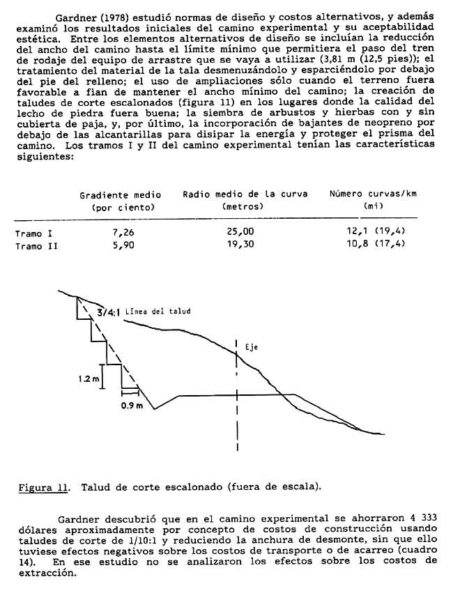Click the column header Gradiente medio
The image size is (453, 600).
[120, 195]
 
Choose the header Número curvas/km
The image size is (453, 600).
[373, 194]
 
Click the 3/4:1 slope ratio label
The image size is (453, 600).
[110, 313]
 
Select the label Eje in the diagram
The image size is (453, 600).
[251, 346]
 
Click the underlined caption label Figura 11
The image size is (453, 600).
[43, 486]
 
